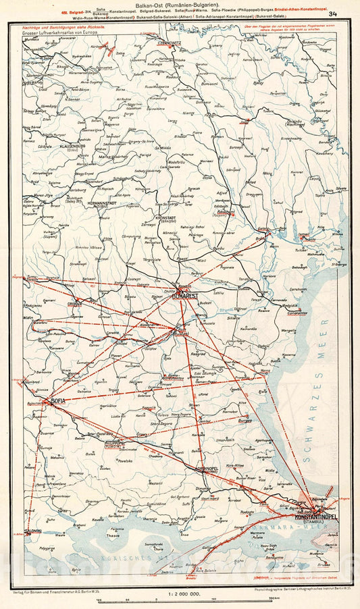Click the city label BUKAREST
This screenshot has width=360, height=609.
pyautogui.click(x=185, y=296)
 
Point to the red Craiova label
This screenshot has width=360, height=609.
pyautogui.click(x=74, y=304)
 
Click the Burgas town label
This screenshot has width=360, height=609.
pyautogui.click(x=245, y=420)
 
